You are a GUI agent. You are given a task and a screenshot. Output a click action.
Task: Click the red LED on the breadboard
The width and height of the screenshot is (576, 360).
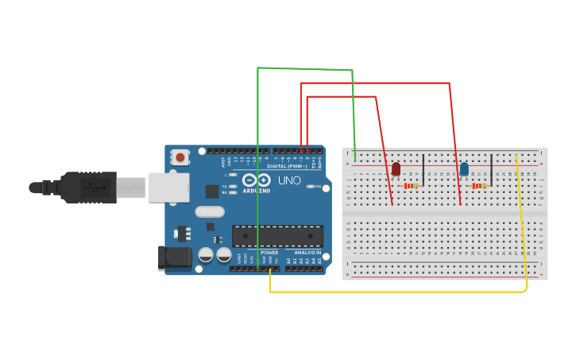396,168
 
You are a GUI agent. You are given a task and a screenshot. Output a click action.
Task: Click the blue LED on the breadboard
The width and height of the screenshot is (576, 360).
464,168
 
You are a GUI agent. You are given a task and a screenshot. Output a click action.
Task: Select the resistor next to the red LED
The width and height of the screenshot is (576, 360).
412,186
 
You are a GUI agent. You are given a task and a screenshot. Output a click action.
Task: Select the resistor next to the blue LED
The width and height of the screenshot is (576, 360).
479,186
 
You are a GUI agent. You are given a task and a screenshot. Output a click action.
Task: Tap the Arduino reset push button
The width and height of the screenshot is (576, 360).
180,157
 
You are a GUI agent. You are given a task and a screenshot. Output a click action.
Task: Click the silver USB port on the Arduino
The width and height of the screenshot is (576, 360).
168,188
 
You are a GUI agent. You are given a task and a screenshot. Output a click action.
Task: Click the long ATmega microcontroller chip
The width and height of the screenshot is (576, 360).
277,235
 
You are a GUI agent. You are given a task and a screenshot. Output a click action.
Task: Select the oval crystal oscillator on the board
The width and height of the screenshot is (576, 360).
210,211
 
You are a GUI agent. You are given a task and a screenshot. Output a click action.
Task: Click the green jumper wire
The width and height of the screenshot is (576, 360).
258,159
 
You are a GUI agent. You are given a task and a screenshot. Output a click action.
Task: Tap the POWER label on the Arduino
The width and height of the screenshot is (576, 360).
269,253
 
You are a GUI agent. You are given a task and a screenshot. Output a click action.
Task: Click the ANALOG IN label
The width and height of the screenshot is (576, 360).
307,253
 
